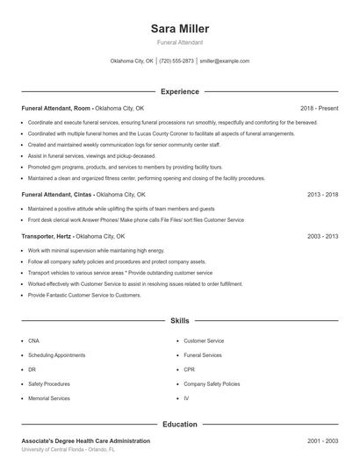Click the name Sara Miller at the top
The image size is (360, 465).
coord(180,29)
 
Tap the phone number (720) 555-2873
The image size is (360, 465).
coord(176,61)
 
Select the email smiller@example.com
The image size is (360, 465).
coord(225,61)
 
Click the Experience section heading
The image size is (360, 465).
coord(180,91)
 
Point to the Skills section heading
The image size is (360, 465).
coord(180,322)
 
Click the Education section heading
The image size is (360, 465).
coord(180,425)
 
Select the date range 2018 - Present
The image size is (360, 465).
coord(319,108)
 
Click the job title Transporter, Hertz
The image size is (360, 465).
coord(47,236)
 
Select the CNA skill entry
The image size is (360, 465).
coord(33,340)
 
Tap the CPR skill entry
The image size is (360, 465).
coord(189,369)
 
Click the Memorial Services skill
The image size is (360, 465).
coord(49,398)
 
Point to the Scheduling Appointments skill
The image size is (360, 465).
coord(57,355)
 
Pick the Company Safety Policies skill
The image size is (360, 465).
coord(211,383)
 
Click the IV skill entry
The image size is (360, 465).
coord(186,398)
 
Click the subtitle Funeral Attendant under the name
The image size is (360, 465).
coord(180,42)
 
